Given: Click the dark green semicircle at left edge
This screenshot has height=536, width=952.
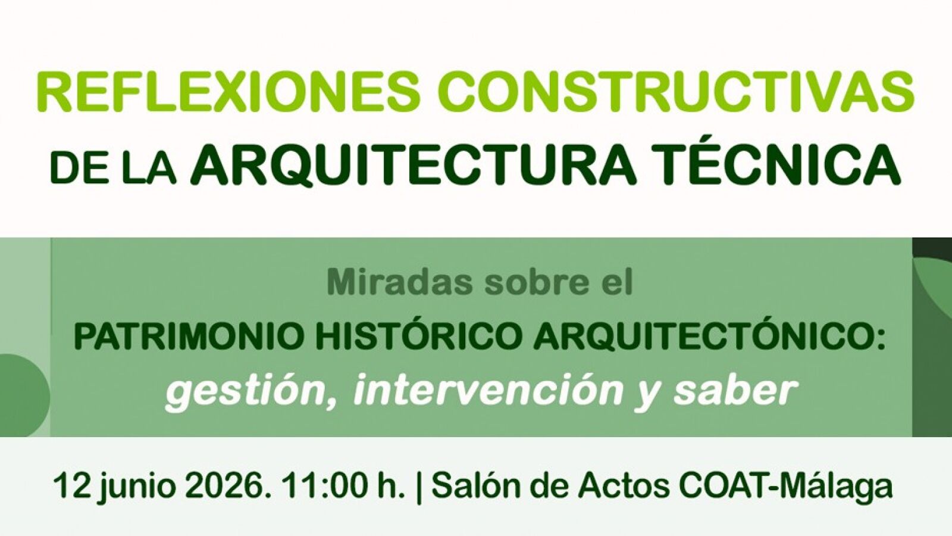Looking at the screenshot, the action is [x=23, y=395].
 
